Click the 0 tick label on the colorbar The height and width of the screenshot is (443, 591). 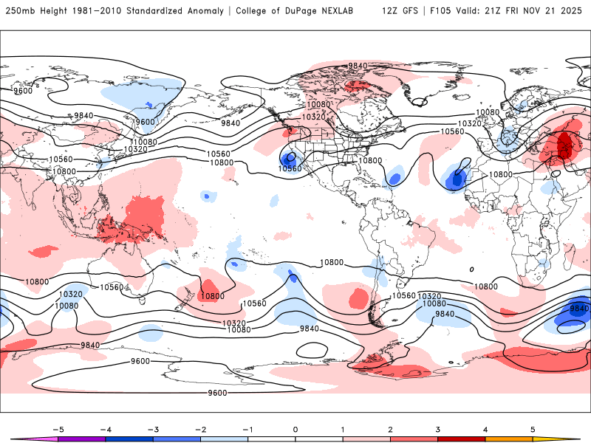(295, 429)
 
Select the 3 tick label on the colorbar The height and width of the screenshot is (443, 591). (438, 429)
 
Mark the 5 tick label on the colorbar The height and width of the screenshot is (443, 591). (533, 429)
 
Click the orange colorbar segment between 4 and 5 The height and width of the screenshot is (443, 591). (509, 439)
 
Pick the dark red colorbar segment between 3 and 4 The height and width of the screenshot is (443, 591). (462, 439)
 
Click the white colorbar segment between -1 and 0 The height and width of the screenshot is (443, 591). (271, 439)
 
